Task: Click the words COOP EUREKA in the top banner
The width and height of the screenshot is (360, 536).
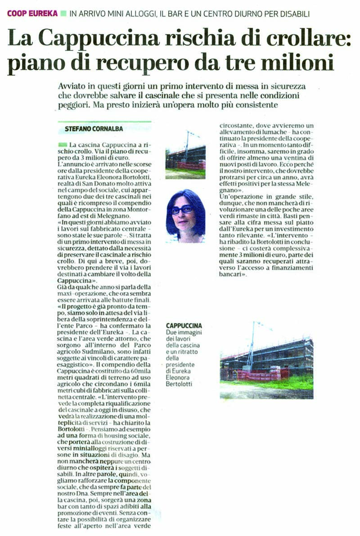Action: (x=32, y=14)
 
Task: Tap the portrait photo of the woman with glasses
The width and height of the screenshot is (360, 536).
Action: (x=185, y=216)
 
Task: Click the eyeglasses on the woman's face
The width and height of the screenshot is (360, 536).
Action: (x=181, y=210)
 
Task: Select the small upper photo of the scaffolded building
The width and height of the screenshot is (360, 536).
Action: (x=185, y=155)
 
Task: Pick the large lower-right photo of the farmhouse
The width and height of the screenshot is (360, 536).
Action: (x=266, y=360)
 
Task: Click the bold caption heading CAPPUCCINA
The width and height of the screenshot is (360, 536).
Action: (x=184, y=325)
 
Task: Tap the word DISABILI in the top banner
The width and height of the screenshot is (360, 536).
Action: (x=294, y=14)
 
